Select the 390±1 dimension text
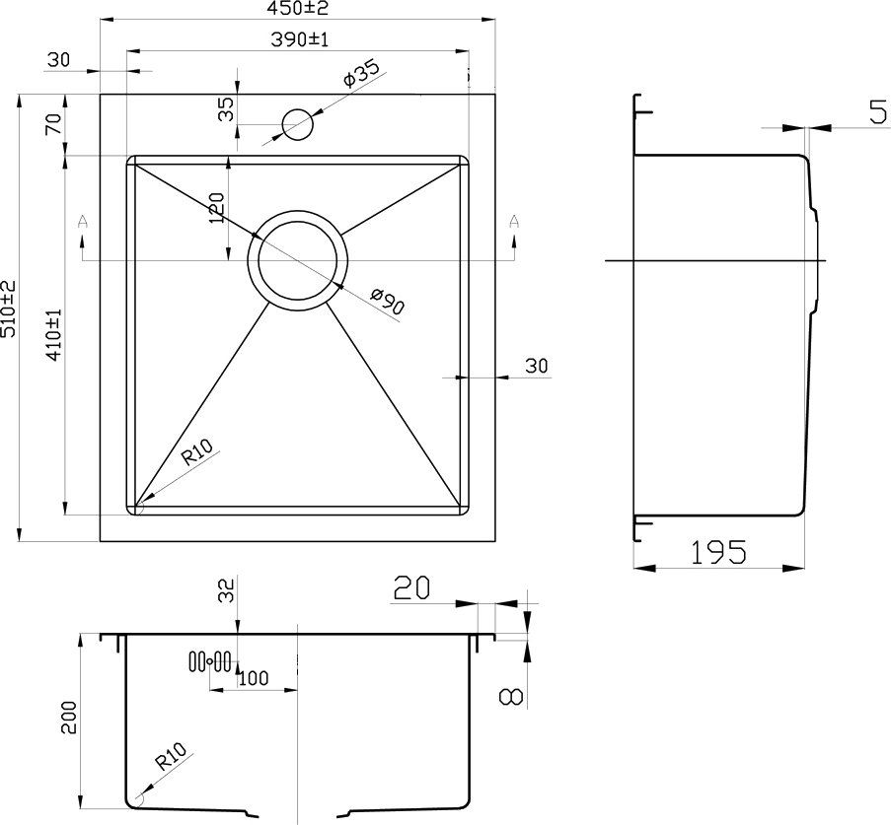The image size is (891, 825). (300, 39)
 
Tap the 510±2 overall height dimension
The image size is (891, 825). (9, 309)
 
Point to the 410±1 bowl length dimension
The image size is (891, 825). (54, 335)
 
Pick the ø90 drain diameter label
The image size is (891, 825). (388, 301)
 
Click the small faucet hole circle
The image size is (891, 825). (297, 124)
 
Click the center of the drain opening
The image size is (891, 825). (297, 260)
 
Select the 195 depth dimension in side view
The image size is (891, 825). (718, 552)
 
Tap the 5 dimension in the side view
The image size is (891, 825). (878, 111)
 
